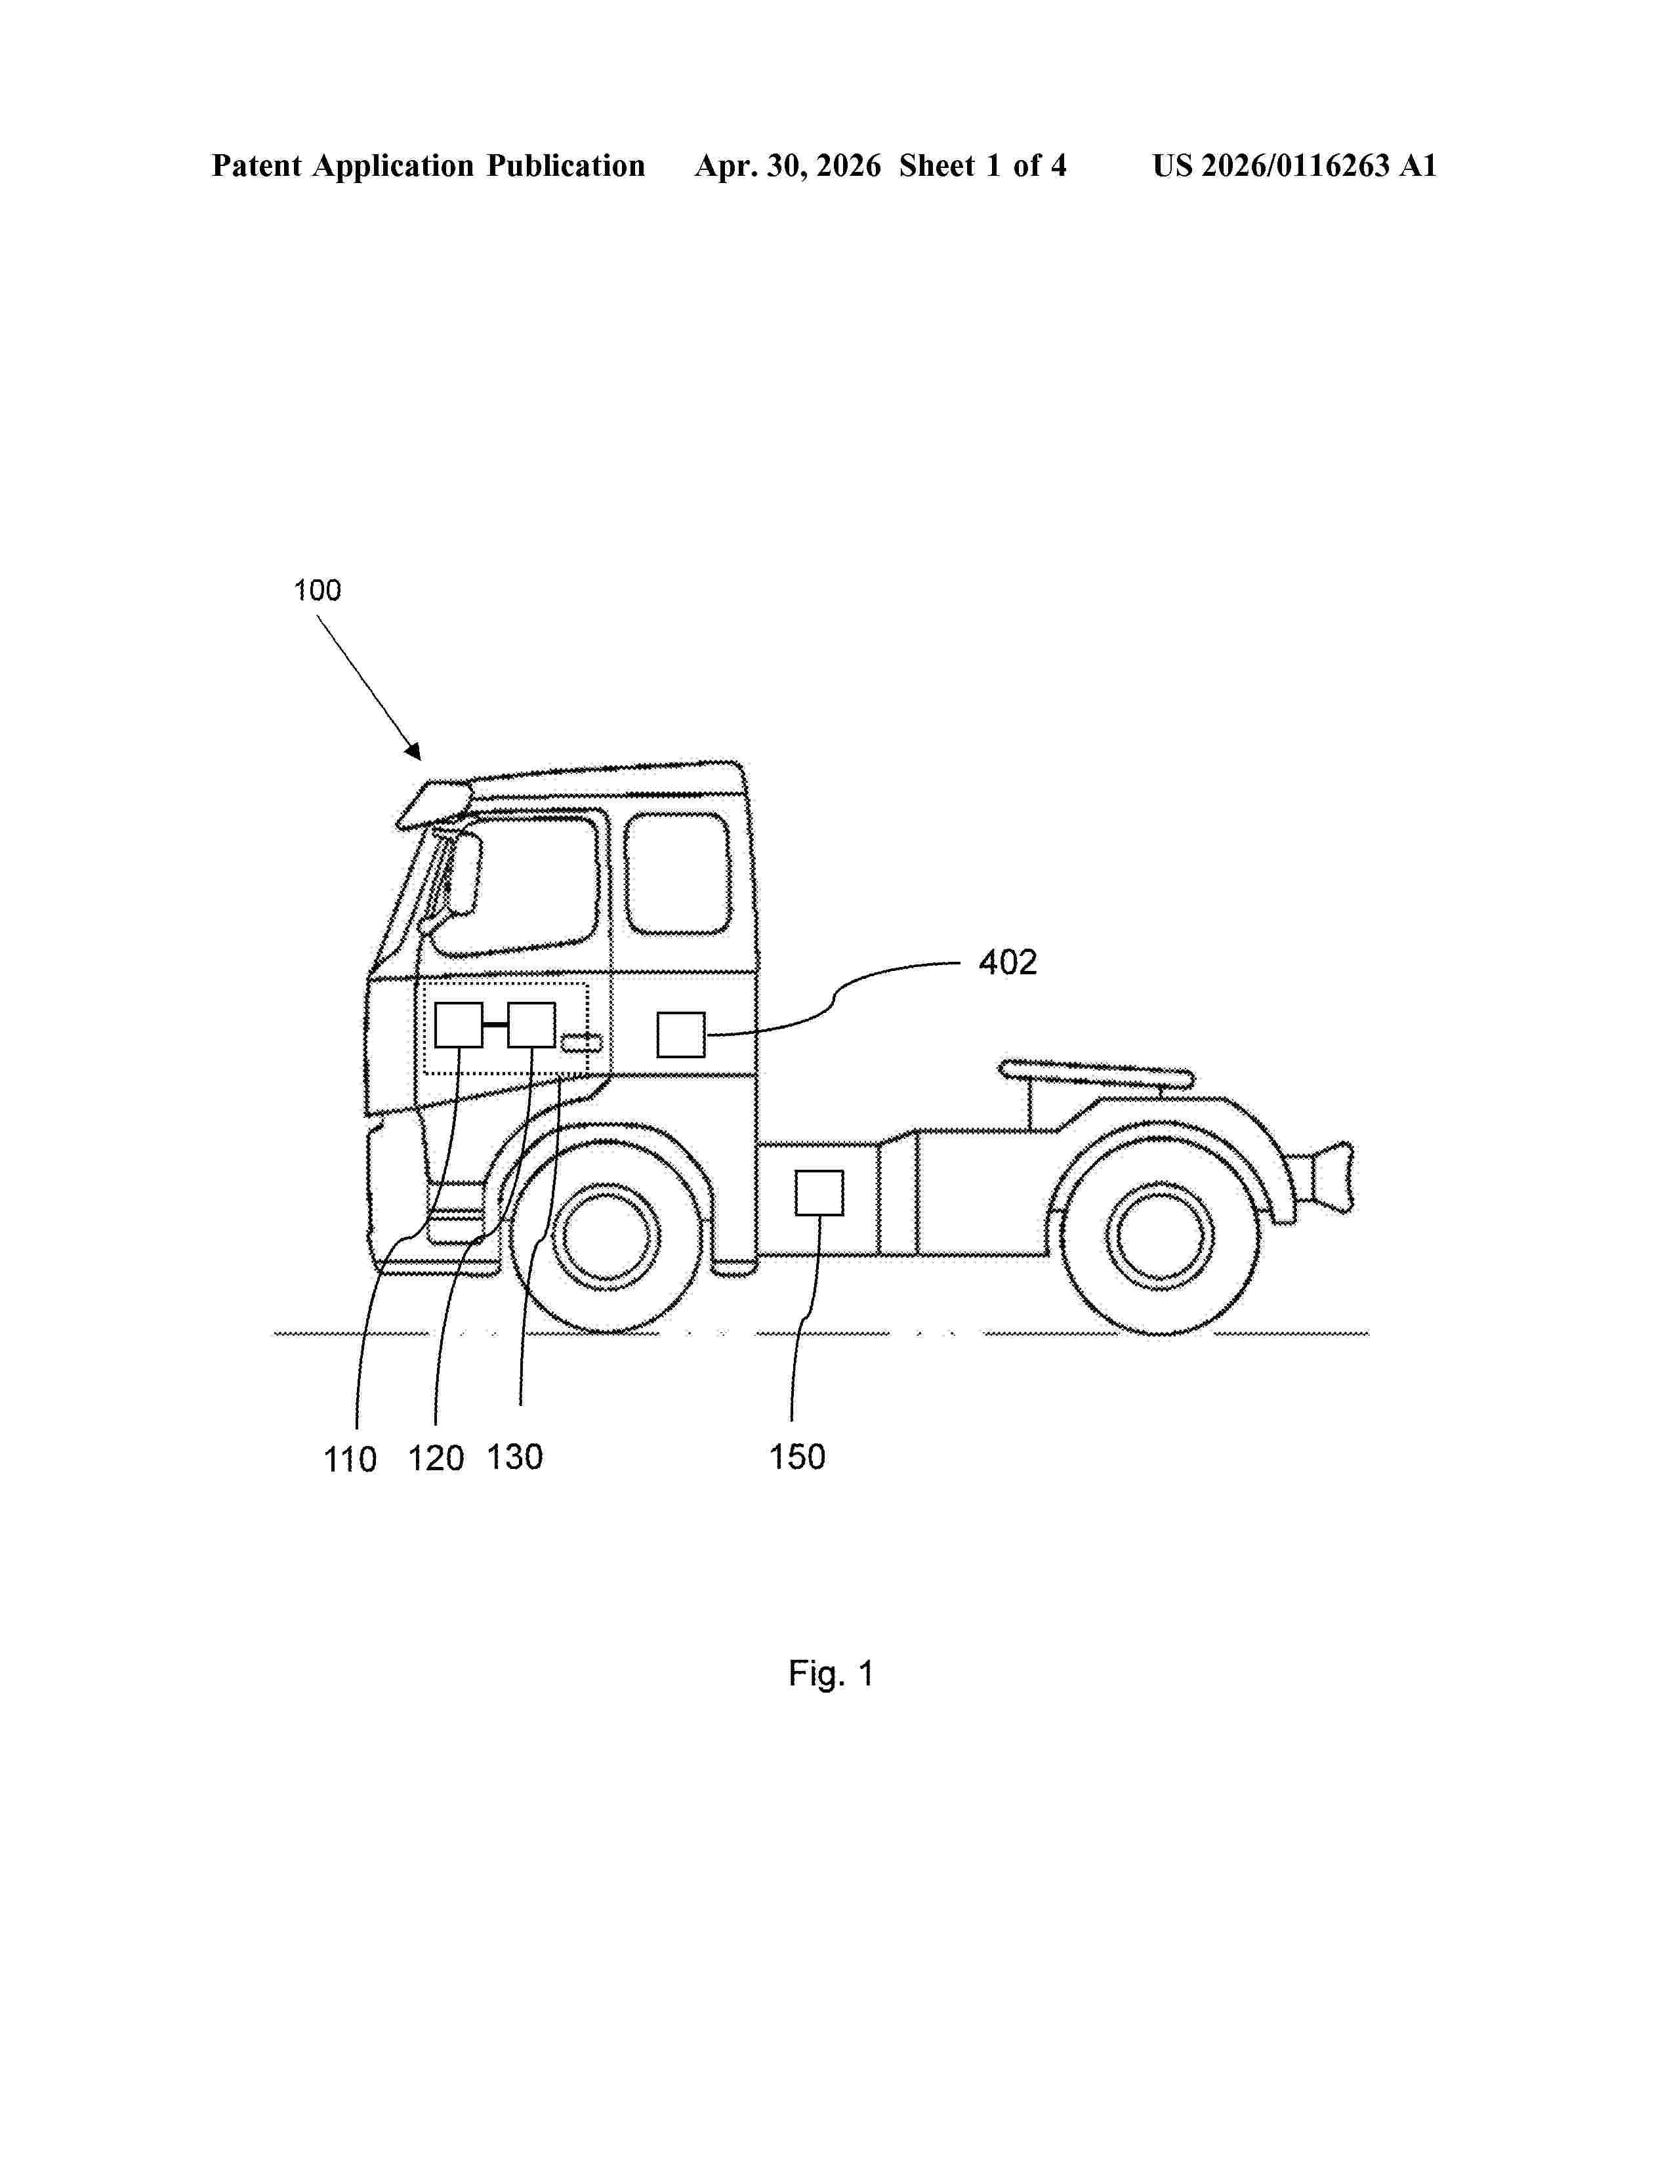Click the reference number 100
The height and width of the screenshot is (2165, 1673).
pos(317,591)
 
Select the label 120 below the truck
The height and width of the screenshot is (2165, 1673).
pos(436,1458)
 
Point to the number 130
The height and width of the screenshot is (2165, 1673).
pos(514,1457)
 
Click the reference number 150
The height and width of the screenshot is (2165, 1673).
pos(798,1456)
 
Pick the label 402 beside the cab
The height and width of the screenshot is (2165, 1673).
pos(1008,962)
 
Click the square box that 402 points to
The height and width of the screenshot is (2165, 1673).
pos(681,1035)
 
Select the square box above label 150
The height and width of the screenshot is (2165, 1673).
pos(819,1193)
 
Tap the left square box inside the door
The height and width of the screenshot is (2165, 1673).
pos(459,1025)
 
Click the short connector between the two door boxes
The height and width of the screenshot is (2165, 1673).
pos(495,1024)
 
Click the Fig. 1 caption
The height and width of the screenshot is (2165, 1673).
pos(831,1674)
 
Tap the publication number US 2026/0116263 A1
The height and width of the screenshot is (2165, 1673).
pos(1294,165)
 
